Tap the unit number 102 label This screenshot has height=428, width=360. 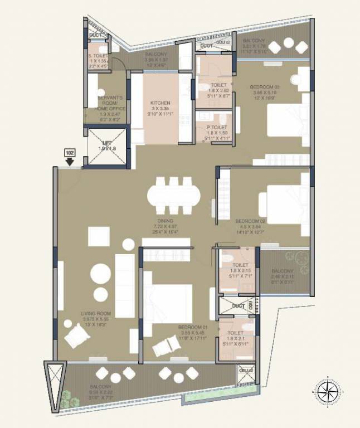[x=70, y=152]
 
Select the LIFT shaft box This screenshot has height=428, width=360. [x=105, y=147]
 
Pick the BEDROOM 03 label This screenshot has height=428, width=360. [x=265, y=87]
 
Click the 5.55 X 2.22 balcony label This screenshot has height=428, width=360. [x=100, y=391]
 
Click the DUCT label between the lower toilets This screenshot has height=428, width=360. [x=239, y=307]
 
